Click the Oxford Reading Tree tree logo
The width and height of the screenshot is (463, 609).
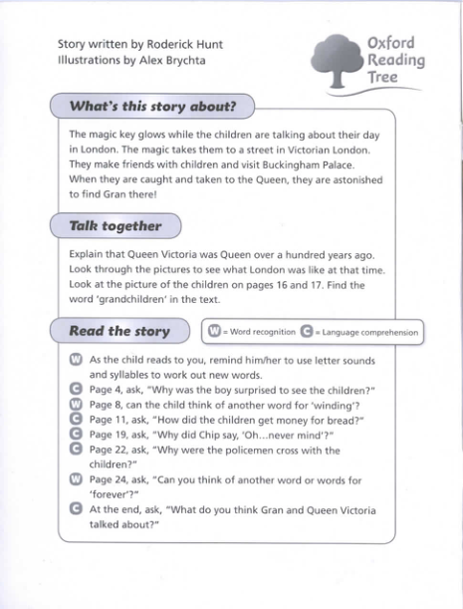click(340, 59)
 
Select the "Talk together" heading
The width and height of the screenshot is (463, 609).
click(115, 226)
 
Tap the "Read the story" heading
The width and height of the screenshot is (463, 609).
click(119, 331)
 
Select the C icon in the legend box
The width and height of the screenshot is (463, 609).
click(307, 332)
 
